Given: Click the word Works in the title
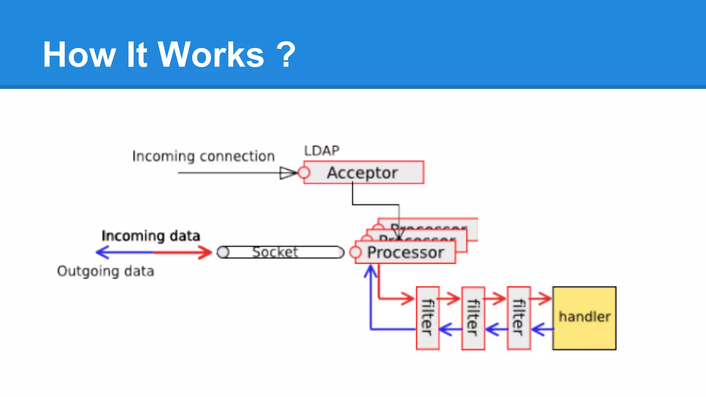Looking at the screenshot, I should coord(211,55).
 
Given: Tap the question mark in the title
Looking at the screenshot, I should coord(286,55).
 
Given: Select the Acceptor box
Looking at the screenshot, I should coord(363,172).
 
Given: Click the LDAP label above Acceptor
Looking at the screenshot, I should coord(321,151).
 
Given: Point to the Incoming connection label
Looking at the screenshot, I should coord(203,156).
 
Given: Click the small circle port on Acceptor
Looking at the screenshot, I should coord(304,172).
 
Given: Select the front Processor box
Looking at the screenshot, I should coord(405,253).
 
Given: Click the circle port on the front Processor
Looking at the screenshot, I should coord(355,252).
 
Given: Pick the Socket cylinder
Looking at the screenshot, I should coord(281,252).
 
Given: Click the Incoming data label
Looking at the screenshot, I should coord(151,236).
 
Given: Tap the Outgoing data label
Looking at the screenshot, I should coord(105,271).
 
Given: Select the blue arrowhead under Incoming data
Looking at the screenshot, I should coord(102,252).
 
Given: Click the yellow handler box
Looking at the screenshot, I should coord(584,318).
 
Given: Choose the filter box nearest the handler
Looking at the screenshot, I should coord(518,318).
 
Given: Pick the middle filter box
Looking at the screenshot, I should coord(473,318).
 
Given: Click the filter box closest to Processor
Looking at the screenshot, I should coord(427,318).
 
